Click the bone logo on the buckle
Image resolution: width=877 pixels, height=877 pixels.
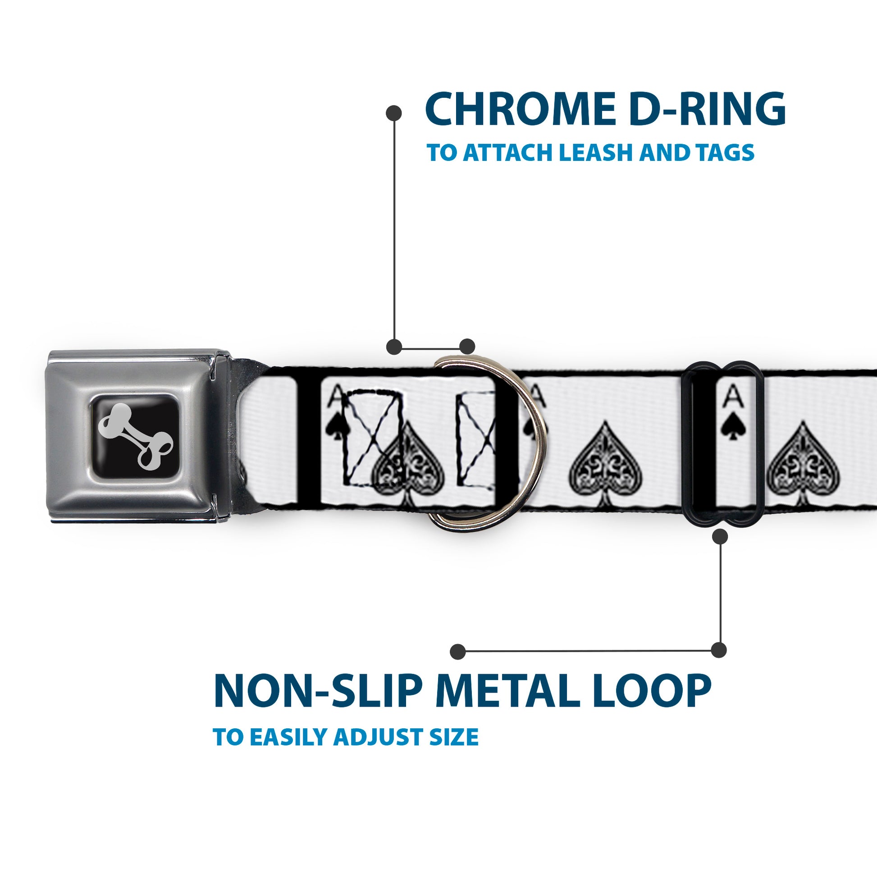tap(135, 436)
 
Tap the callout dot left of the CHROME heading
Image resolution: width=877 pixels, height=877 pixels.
tap(393, 113)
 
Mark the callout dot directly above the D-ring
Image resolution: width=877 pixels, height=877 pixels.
tap(467, 347)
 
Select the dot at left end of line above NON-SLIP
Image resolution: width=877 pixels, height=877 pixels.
tap(458, 651)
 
